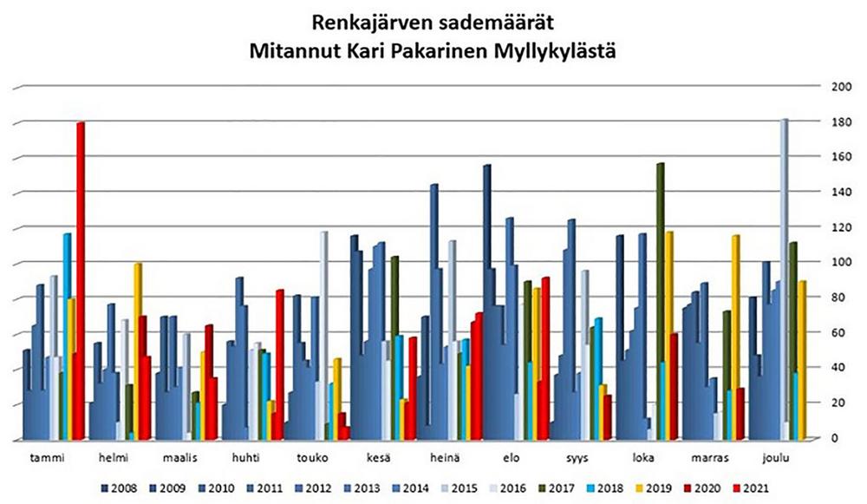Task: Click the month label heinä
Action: (445, 455)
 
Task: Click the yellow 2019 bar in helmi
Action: (138, 347)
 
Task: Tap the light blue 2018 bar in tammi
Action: (67, 330)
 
